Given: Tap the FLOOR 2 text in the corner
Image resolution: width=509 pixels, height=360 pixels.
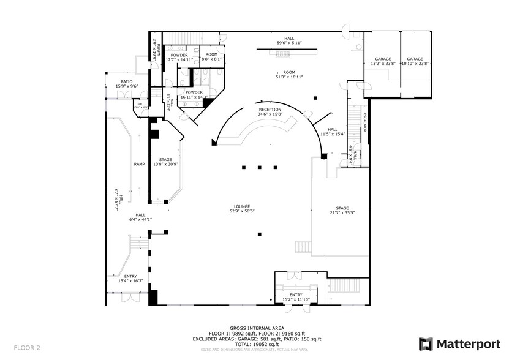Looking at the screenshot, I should pyautogui.click(x=27, y=348).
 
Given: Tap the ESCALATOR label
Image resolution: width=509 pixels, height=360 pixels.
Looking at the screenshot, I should pyautogui.click(x=364, y=122).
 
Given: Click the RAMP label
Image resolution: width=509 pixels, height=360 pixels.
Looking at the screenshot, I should pyautogui.click(x=138, y=165).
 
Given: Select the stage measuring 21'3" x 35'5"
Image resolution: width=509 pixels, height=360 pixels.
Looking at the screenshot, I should pyautogui.click(x=341, y=210).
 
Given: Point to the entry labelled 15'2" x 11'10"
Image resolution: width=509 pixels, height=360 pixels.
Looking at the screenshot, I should pyautogui.click(x=296, y=297).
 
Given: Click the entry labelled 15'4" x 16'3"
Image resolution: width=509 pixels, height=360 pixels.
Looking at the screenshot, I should pyautogui.click(x=131, y=279).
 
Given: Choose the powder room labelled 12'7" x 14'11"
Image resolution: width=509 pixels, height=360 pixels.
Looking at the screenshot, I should pyautogui.click(x=179, y=58).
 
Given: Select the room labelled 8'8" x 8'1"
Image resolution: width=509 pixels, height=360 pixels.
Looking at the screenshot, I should pyautogui.click(x=212, y=57).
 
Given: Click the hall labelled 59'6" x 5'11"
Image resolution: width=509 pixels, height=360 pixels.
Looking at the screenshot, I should pyautogui.click(x=288, y=40).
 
